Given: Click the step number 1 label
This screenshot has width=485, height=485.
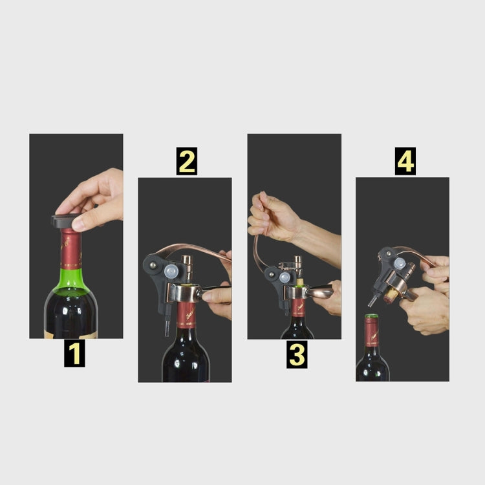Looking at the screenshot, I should click(76, 355).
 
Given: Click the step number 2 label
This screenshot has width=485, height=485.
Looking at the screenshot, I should click(186, 162).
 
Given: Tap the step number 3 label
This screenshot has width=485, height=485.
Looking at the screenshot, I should click(296, 355).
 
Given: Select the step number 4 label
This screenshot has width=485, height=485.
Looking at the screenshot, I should click(405, 162).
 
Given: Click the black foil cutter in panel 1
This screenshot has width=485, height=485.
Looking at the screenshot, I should click(65, 221).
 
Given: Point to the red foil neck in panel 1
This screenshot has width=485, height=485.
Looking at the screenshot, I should click(70, 249).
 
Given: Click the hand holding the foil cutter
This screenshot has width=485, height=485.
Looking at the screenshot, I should click(97, 197).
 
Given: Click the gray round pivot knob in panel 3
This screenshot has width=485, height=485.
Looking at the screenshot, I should click(285, 277).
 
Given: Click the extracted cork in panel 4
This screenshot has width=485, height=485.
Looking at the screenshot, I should click(392, 296).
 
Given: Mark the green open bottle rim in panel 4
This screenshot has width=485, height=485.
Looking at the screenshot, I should click(371, 317).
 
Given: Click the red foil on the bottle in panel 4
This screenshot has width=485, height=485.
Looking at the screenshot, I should click(371, 333).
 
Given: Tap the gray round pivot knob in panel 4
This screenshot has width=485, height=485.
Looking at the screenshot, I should click(400, 264).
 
